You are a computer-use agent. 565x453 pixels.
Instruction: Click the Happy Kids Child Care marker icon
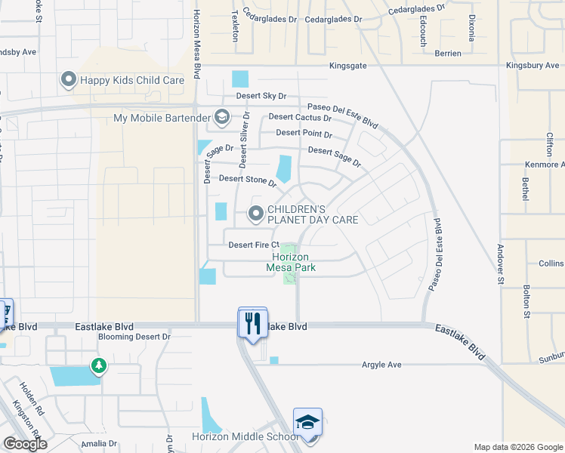69,79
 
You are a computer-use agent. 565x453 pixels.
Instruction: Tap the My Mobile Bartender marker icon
222,117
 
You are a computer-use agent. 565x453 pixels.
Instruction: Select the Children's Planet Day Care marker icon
256,215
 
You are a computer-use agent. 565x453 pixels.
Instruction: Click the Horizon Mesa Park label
291,262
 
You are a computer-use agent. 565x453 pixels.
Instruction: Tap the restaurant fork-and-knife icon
252,323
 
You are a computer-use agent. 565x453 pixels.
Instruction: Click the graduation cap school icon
307,423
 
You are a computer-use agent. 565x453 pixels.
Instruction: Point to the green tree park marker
98,366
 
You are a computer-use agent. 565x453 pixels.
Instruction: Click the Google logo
25,444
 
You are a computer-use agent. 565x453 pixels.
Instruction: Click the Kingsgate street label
347,66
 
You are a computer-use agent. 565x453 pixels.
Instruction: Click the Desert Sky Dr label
261,96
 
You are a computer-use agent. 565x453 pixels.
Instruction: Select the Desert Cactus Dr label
300,117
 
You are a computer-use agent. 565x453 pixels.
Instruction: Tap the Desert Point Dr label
304,133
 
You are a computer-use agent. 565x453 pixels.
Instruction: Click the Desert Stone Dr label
248,180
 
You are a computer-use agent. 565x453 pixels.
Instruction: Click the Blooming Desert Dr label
134,337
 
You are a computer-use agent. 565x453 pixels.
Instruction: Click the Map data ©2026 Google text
517,447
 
